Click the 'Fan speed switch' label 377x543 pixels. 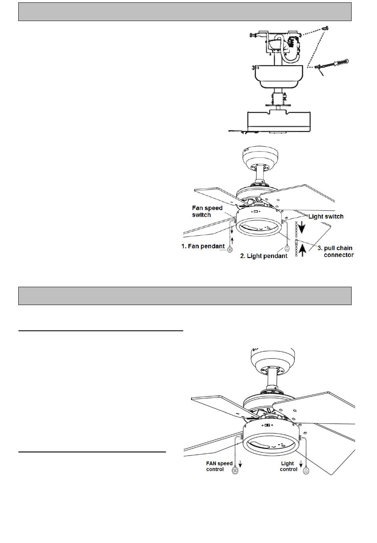[x=207, y=211]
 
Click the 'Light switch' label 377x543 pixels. [x=326, y=217]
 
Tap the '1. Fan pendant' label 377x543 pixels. [x=203, y=246]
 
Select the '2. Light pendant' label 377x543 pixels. [x=264, y=256]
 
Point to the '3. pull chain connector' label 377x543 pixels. [x=336, y=251]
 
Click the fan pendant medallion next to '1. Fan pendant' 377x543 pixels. [x=229, y=249]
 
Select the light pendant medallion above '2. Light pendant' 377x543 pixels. [x=287, y=248]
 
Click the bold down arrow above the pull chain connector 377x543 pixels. [x=302, y=228]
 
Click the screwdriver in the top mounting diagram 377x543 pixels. [x=331, y=64]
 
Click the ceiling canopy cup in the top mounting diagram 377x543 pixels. [x=279, y=76]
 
